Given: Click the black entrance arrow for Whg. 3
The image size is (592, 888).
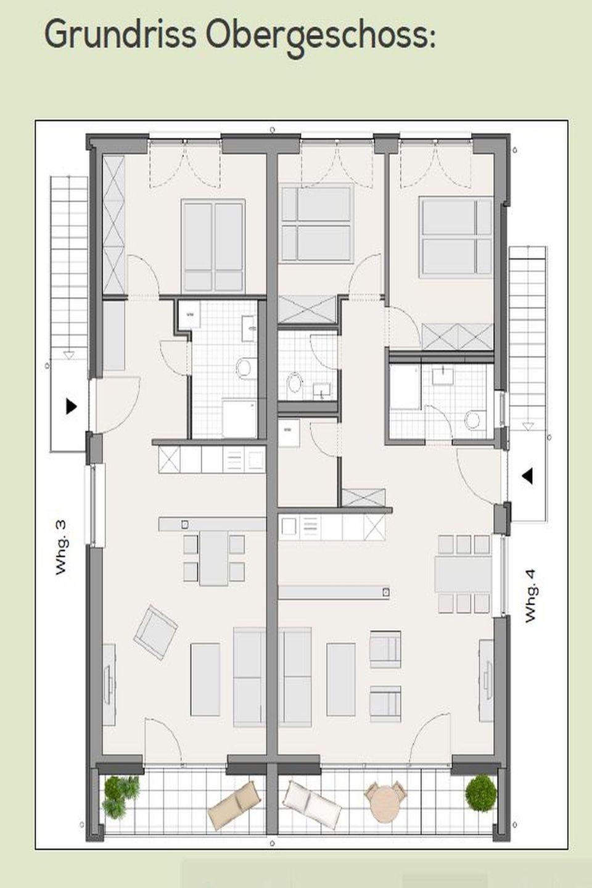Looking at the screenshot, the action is (71, 406).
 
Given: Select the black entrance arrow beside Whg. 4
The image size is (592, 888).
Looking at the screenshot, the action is (527, 476).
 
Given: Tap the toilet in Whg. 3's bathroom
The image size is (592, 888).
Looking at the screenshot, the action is (247, 367).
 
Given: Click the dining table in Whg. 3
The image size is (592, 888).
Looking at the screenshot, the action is (214, 557).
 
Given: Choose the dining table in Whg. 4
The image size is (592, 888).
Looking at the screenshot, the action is (463, 574).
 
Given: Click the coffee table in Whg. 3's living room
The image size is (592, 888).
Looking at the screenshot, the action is (205, 680).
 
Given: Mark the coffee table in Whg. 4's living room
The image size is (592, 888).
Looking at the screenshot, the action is (341, 680).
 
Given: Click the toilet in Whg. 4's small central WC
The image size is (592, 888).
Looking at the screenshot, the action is (294, 383).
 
